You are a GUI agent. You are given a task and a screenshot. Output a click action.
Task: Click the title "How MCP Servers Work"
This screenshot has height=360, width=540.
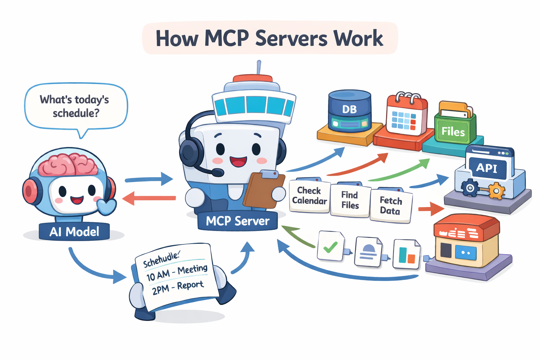coord(269,38)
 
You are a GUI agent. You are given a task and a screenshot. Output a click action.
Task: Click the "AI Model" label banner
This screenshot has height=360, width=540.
coord(74,232)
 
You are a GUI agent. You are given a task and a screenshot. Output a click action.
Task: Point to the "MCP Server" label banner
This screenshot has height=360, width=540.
coord(238,221)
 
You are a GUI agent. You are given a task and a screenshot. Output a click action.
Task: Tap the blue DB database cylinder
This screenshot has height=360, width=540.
coord(349,110)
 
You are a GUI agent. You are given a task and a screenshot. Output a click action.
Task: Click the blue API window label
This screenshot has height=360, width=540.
coord(487,168)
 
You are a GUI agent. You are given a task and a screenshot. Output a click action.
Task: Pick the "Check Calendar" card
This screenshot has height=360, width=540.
coord(309,196)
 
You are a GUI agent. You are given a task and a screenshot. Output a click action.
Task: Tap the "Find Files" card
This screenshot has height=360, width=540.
coord(350,200)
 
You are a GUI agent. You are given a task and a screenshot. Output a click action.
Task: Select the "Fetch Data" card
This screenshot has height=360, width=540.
coord(391,206)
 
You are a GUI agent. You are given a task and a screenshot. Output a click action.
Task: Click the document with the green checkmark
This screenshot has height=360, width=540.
coord(330,246)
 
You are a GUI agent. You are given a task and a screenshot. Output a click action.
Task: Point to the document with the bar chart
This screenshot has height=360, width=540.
coord(406,254)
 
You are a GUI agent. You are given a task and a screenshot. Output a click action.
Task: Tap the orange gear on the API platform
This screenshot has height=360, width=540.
coord(496,191)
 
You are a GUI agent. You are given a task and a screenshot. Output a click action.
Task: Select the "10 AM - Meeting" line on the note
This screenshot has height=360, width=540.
coord(177,272)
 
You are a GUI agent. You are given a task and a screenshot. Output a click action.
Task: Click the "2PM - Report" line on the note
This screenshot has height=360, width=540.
coord(178,288)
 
